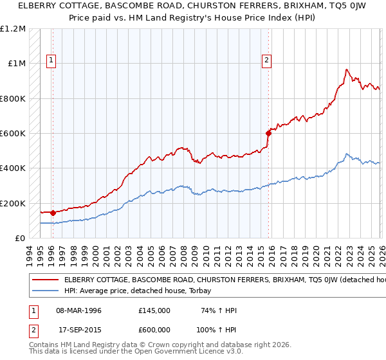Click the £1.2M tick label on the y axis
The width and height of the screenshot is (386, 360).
tap(13, 29)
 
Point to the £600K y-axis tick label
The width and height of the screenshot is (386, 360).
tap(13, 134)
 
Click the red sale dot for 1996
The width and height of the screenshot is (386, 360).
tap(52, 212)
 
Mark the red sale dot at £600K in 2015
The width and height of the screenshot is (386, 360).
tap(268, 133)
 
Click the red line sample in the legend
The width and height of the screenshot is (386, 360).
tap(45, 280)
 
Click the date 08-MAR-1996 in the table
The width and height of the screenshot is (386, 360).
tap(78, 310)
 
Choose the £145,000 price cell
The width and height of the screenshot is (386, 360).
tap(154, 310)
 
